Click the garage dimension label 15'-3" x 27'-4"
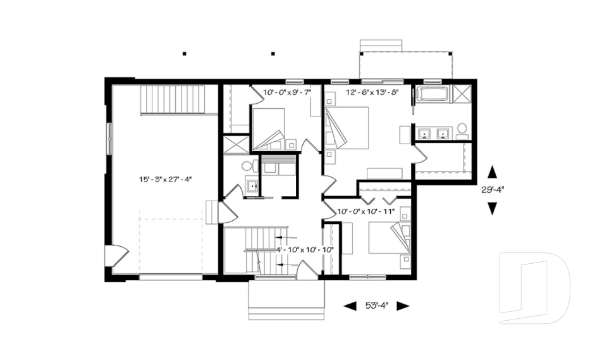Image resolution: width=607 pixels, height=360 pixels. pos(165,180)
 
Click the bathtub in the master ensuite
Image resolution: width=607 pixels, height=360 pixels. pos(434,96)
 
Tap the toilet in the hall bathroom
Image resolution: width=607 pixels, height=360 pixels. pos(247,166)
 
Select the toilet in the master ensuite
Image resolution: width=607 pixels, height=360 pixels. pos(462,130)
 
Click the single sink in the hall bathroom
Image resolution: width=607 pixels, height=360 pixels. pos(251,186)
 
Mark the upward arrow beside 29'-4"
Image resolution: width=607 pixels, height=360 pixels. pos(492,171)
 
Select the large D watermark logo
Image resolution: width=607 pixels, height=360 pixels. pos(534,288)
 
